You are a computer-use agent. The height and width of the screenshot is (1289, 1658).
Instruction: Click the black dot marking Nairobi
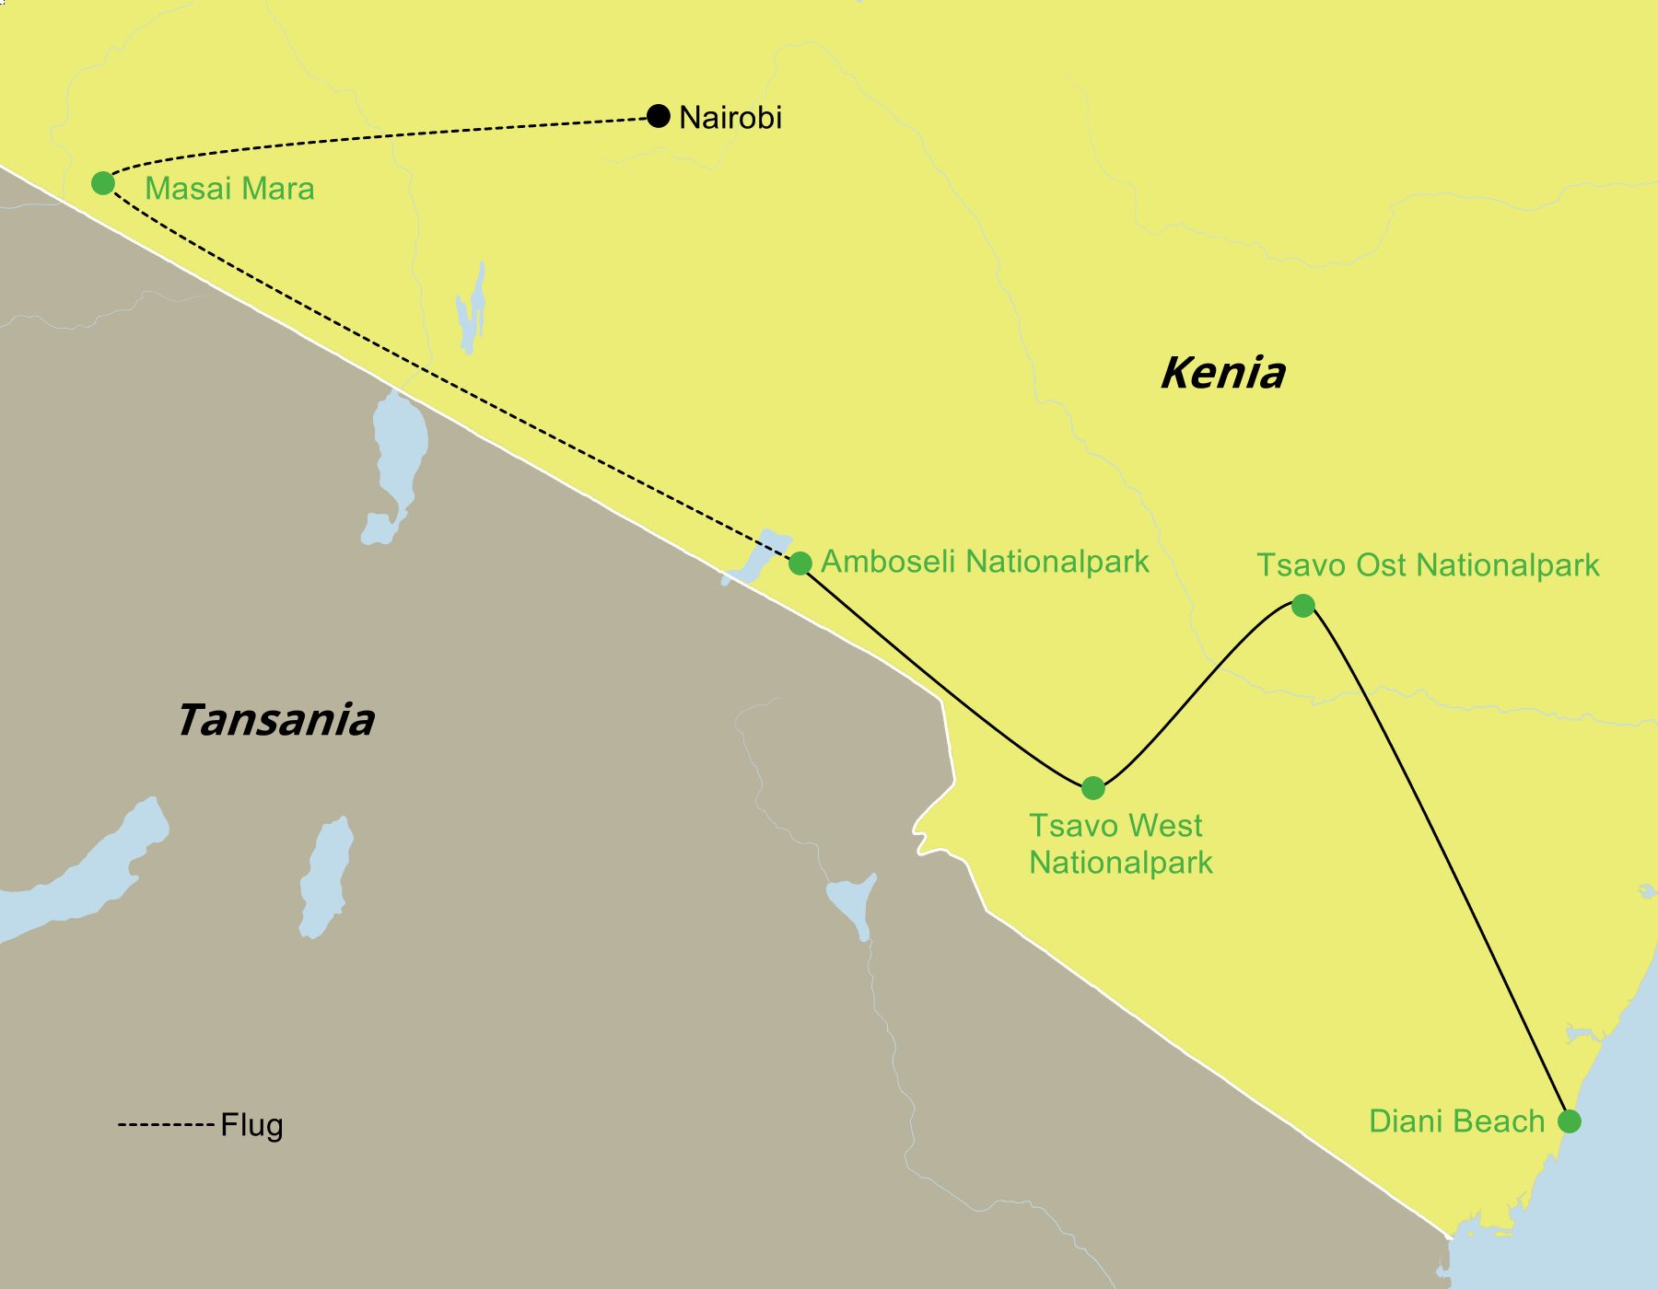pos(658,116)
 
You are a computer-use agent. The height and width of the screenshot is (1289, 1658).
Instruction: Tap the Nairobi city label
pos(730,118)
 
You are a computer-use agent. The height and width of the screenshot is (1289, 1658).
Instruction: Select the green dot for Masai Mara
pos(103,183)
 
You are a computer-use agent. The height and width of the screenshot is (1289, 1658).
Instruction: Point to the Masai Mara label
pos(229,189)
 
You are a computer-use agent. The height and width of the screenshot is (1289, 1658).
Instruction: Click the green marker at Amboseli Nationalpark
pos(800,563)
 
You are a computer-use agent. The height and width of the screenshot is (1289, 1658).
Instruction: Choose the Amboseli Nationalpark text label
pos(985,562)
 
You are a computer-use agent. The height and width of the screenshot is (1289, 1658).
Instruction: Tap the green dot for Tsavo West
pos(1092,787)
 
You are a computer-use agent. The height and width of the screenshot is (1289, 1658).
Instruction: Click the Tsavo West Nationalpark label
pos(1120,843)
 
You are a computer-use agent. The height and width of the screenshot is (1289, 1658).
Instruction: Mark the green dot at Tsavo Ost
pos(1302,605)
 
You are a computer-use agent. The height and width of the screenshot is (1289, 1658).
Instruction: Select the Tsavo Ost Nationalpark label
pos(1428,565)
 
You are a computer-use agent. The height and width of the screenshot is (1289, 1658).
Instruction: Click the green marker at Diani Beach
pos(1569,1121)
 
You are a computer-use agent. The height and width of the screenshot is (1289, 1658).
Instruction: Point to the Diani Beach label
pos(1456,1121)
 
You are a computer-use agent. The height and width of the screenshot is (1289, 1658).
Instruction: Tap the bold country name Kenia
pos(1222,373)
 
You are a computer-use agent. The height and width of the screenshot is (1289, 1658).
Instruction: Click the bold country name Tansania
pos(275,720)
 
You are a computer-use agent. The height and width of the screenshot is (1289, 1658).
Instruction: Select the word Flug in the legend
pos(251,1126)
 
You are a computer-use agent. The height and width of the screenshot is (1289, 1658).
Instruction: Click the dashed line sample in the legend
pos(166,1125)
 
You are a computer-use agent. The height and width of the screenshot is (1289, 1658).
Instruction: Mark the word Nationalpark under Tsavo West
pos(1120,863)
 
